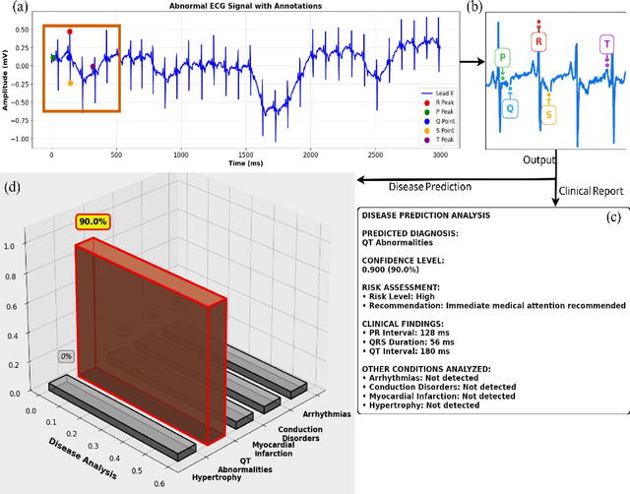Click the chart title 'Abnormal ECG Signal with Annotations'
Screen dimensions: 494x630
coord(244,6)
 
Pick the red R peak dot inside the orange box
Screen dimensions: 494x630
coord(70,31)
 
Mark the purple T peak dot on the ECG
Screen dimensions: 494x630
coord(93,68)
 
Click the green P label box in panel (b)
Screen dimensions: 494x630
coord(503,58)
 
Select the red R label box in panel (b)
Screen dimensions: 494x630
coord(537,41)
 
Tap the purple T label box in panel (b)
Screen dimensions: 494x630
coord(606,45)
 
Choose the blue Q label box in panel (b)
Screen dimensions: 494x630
coord(509,109)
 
